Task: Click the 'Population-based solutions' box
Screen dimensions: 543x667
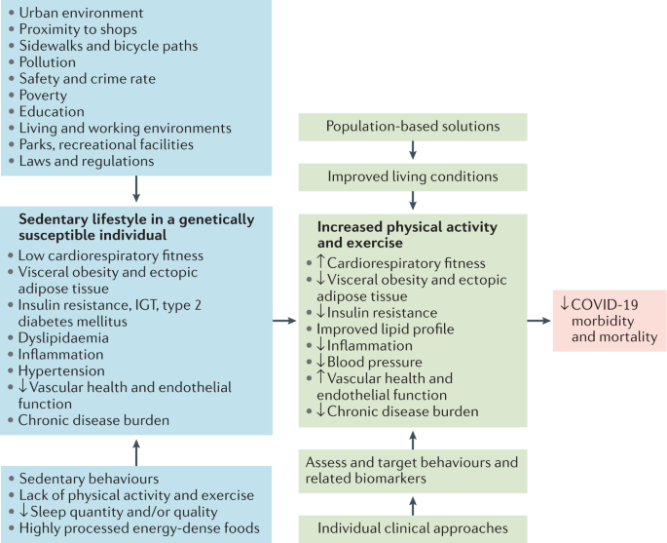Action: [412, 127]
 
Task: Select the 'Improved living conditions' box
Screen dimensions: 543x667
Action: [412, 176]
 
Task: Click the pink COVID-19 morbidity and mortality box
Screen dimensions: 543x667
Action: [608, 320]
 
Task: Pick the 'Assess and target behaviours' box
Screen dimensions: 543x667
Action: [412, 470]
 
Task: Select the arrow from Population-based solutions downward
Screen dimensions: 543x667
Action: [413, 151]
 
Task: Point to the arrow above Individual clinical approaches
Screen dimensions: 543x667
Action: [413, 504]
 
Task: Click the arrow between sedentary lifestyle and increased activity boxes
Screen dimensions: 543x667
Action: [283, 320]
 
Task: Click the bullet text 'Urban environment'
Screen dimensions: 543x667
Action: [81, 13]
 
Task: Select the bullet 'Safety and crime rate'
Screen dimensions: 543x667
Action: [88, 78]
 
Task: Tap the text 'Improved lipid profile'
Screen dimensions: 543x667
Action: [386, 329]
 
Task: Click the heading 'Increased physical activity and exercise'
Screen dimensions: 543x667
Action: [406, 235]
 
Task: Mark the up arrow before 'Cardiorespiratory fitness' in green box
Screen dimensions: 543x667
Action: [321, 262]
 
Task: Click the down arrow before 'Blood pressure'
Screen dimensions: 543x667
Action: [321, 362]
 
